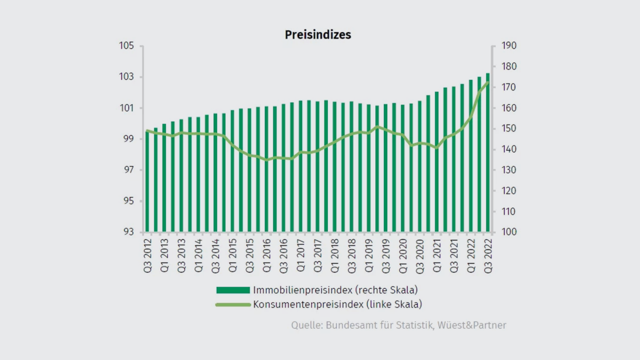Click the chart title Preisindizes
coord(318,35)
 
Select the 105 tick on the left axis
coord(127,45)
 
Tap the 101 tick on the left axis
coord(127,108)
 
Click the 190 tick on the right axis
coord(509,45)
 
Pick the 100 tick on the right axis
coord(509,232)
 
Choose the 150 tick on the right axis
coord(509,128)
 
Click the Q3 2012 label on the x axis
coord(148,256)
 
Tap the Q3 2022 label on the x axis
coord(488,256)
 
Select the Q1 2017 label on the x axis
coord(301,255)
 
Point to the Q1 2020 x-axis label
coord(403,256)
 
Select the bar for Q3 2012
coord(147,182)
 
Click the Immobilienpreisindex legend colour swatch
coord(233,290)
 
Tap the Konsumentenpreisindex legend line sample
coord(233,305)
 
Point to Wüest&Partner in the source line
coord(472,325)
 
